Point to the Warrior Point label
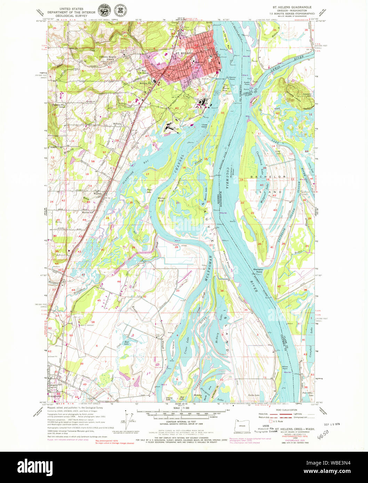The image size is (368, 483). point(232,78)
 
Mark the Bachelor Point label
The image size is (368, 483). point(258,270)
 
